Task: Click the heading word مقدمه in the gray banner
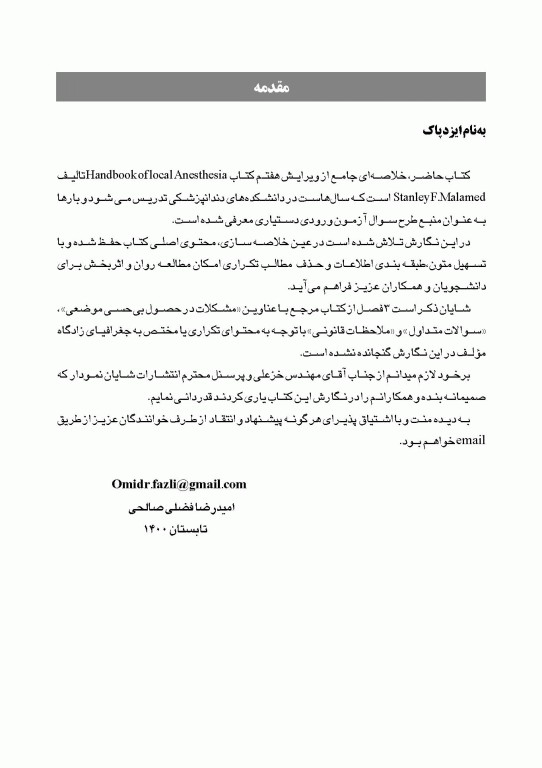[271, 89]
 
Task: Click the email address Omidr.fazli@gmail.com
[179, 485]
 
